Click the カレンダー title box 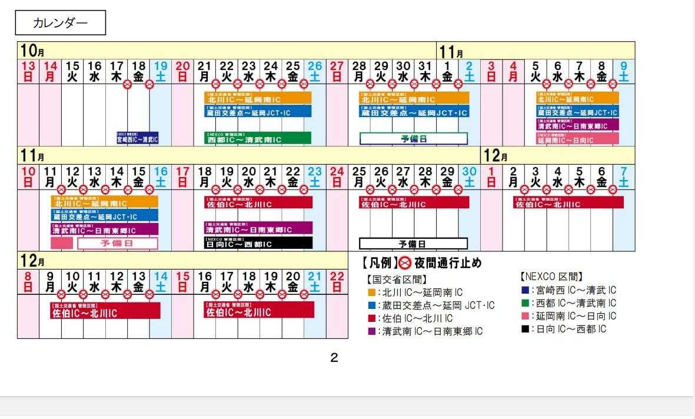60,24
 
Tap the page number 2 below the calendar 334,357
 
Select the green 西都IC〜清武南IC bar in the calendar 258,139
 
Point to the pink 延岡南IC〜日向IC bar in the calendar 577,139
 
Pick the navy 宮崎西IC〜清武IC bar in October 138,138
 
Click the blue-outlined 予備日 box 413,139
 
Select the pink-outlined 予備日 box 118,243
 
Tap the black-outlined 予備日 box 413,244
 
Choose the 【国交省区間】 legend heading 397,280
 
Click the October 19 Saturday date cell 161,71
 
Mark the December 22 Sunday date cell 337,282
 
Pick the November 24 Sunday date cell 337,177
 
